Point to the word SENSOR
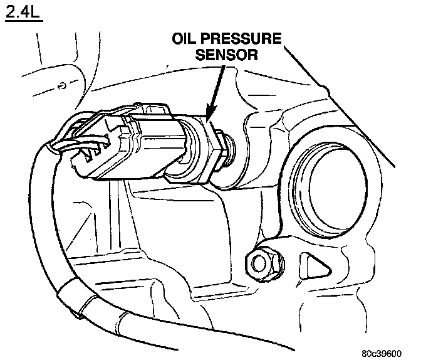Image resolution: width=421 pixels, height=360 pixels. coord(227,55)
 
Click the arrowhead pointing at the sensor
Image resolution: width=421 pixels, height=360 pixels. coord(209,112)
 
